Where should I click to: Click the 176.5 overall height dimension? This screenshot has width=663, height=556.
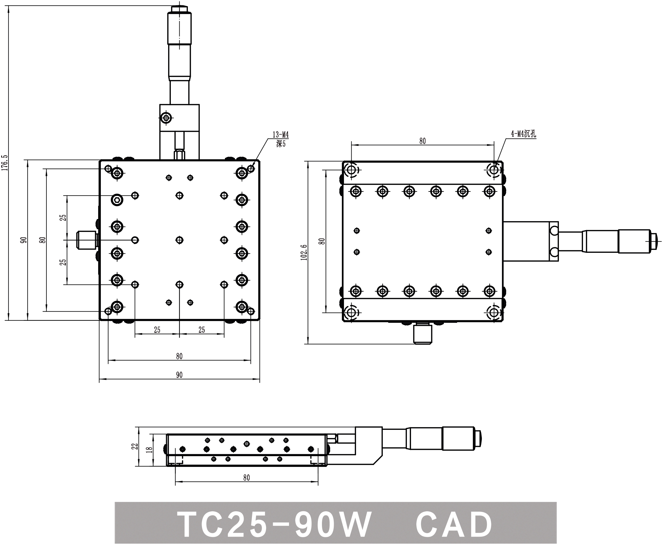tap(4, 163)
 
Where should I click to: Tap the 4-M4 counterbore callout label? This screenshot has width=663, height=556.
tap(523, 134)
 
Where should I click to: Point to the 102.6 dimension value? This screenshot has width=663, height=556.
tap(304, 252)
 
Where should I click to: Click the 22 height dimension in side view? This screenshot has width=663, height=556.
tap(135, 446)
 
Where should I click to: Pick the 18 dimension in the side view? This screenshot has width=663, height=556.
tap(149, 450)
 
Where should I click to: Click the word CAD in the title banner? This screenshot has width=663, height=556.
tap(454, 525)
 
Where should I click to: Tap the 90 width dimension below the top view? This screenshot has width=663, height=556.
tap(179, 375)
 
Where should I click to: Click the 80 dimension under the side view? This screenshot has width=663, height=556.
tap(247, 478)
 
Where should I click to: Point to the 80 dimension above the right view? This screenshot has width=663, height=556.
tap(422, 141)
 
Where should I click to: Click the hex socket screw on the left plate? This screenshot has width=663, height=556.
tap(117, 200)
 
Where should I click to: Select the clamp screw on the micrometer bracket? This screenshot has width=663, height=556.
tap(166, 118)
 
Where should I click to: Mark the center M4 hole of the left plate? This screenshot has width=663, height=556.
tap(179, 240)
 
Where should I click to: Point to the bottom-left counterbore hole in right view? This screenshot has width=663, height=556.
tap(351, 313)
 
